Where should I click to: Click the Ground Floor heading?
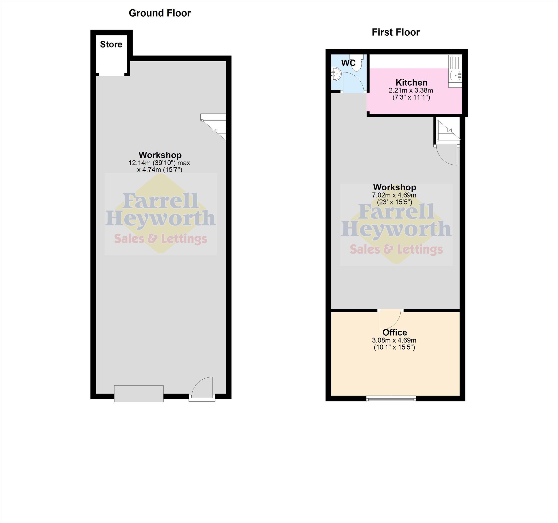point(160,13)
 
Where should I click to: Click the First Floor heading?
point(395,32)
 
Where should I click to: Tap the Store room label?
point(111,44)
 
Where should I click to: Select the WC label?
point(348,63)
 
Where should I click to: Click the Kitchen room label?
point(412,83)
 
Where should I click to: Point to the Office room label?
point(395,333)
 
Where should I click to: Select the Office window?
point(391,399)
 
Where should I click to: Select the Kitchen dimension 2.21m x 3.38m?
point(411,90)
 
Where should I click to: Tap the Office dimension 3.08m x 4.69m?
point(394,340)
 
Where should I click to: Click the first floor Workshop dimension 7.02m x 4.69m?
point(394,195)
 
